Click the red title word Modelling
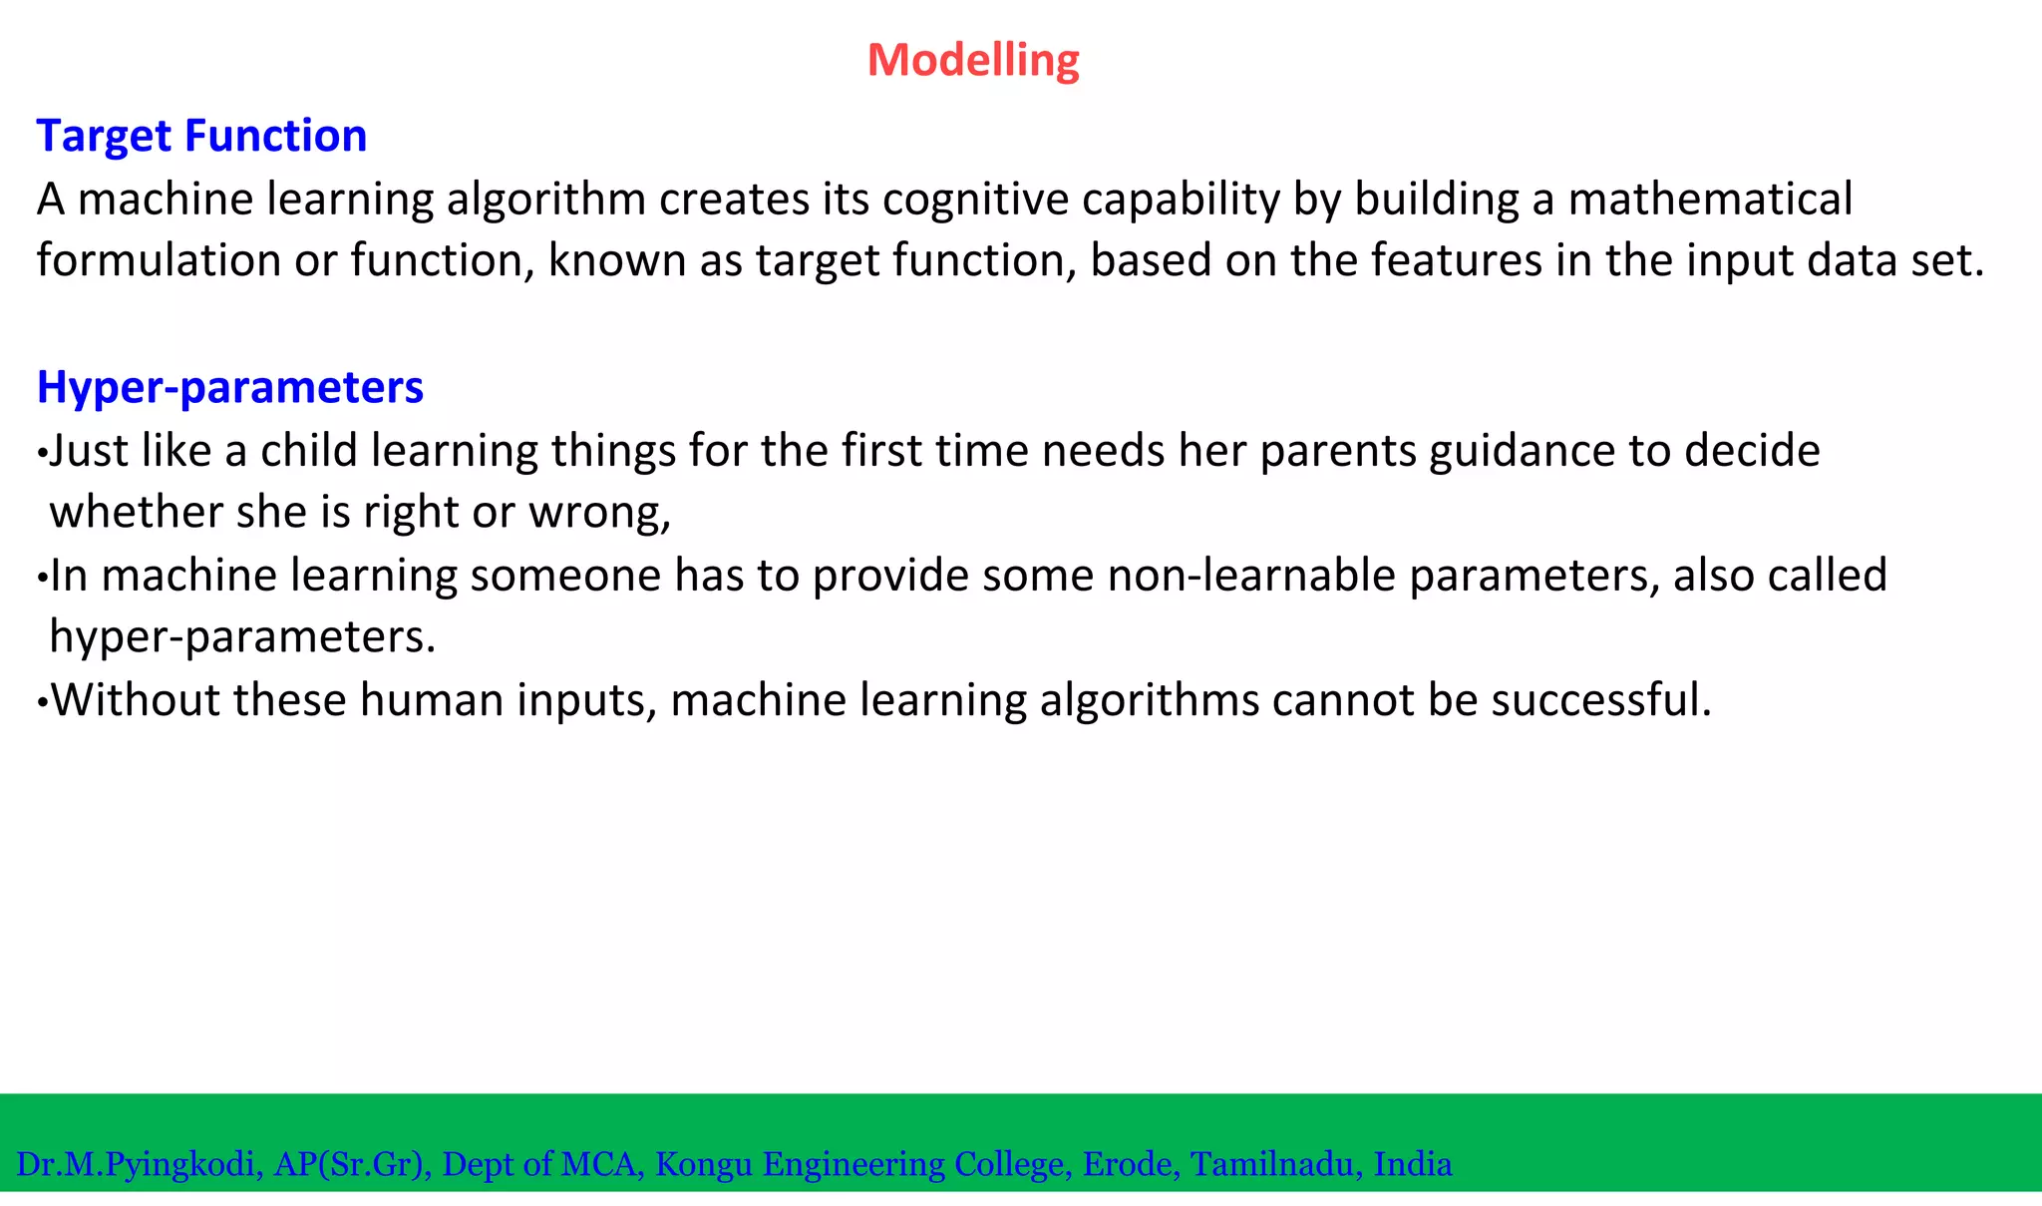[972, 60]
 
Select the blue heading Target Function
[201, 136]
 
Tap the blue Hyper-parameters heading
[230, 387]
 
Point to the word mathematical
[1710, 200]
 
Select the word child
[309, 451]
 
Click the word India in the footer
[1413, 1164]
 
